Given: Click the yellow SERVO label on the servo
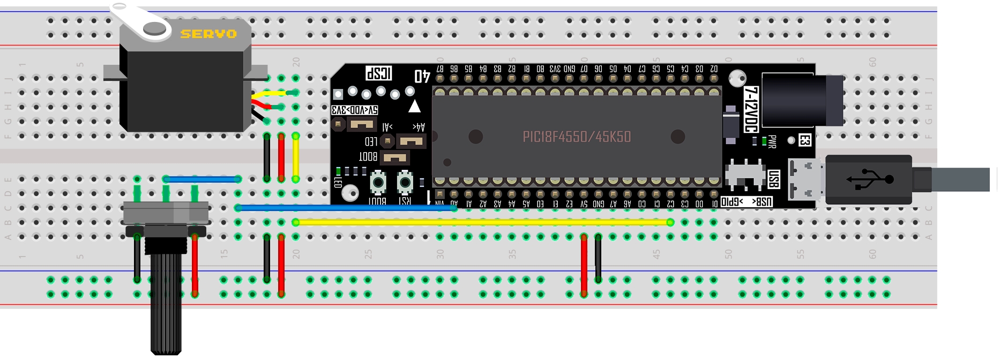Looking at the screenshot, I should (208, 34).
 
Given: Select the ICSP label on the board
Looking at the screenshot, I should (379, 73).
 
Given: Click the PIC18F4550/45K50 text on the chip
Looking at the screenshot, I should (577, 137).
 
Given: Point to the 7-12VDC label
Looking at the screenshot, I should (751, 110).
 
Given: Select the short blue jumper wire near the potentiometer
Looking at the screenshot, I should (202, 179).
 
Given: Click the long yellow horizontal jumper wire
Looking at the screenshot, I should (482, 222).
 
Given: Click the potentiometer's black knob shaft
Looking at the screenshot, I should (166, 300).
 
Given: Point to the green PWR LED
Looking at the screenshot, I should (764, 141).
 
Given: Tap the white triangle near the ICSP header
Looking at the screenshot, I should (414, 107).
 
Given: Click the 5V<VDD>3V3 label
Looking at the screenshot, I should (355, 110).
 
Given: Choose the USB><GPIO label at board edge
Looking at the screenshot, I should (747, 202).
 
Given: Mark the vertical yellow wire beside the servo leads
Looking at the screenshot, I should (295, 158).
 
